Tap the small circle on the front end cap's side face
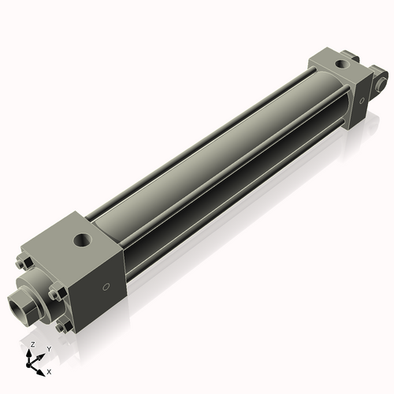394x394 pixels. click(104, 288)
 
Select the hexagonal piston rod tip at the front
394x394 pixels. click(22, 303)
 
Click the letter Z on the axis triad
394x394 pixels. click(32, 344)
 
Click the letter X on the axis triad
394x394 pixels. click(49, 370)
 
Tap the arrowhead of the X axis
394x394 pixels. click(43, 367)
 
